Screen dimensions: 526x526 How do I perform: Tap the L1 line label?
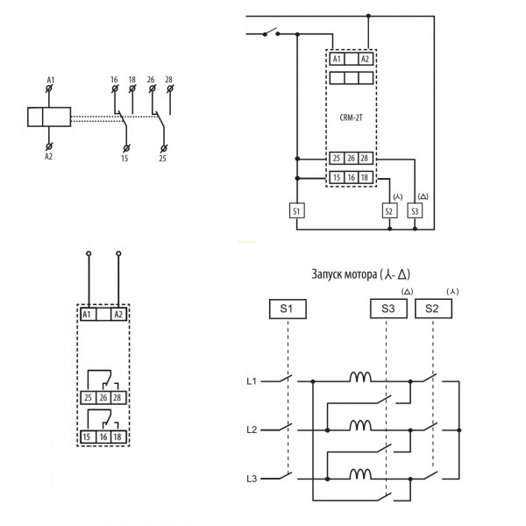click(x=251, y=382)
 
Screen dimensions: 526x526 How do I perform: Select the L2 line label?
click(x=251, y=430)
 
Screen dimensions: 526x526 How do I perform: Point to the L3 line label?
click(x=251, y=480)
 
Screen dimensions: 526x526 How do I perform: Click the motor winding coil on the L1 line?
click(x=360, y=379)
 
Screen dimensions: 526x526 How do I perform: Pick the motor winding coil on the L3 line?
click(x=360, y=476)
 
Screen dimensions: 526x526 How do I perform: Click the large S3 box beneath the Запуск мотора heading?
click(x=388, y=309)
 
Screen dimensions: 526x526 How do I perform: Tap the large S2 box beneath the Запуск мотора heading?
click(x=432, y=309)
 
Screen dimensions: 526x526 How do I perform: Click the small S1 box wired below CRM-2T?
click(x=296, y=210)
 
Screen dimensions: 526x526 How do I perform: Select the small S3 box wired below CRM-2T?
click(x=415, y=210)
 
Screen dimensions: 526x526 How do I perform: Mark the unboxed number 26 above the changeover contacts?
click(x=152, y=80)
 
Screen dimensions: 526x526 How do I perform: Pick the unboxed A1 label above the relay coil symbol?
click(x=50, y=80)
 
